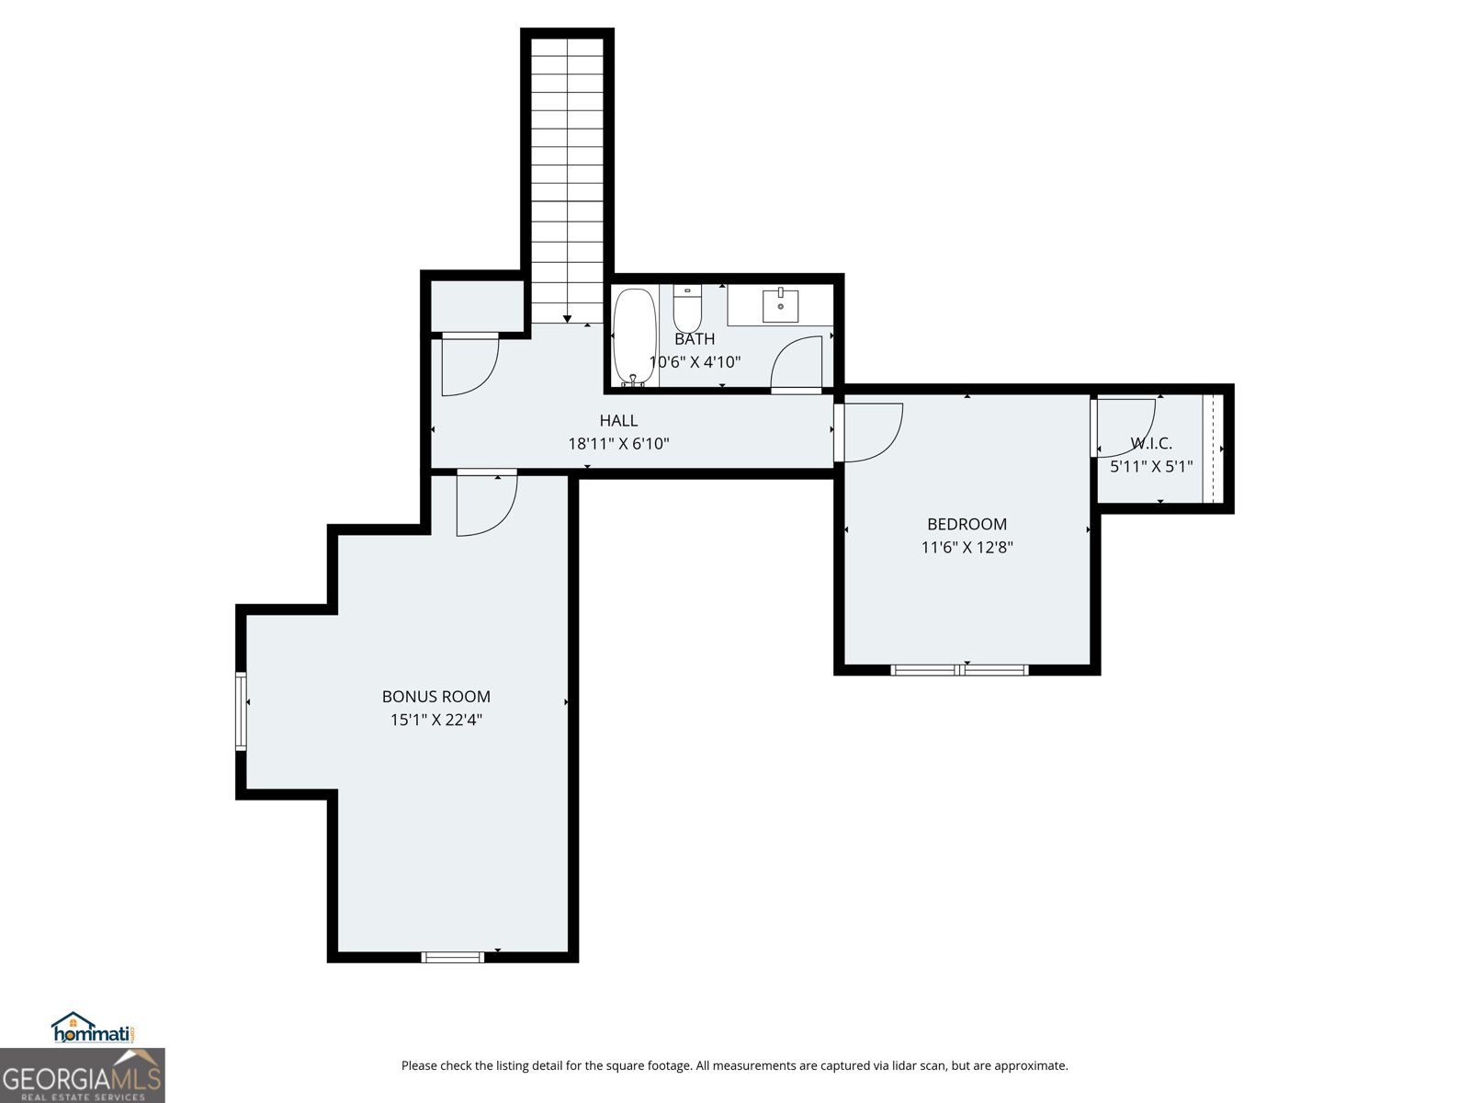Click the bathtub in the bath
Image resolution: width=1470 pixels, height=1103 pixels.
click(x=634, y=337)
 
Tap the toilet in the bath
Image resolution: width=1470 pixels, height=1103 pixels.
click(x=687, y=308)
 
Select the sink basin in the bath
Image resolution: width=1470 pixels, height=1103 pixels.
click(x=780, y=305)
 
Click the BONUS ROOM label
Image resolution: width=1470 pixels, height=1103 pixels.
click(x=436, y=697)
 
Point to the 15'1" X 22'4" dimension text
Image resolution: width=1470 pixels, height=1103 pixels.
click(x=436, y=720)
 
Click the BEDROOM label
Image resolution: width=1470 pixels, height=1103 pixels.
click(x=967, y=524)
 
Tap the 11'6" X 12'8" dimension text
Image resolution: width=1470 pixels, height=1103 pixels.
click(x=967, y=547)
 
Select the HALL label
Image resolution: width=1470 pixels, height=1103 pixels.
click(x=618, y=421)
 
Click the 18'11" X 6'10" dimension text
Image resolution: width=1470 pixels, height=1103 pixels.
click(x=618, y=443)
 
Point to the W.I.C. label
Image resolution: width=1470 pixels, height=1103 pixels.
click(x=1151, y=443)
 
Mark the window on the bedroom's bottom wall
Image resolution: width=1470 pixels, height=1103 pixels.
click(x=959, y=670)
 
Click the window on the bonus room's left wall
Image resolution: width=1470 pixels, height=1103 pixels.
click(x=241, y=711)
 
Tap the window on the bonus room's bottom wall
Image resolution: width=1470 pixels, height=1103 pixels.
click(x=453, y=957)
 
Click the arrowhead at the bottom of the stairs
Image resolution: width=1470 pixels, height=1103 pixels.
click(x=567, y=319)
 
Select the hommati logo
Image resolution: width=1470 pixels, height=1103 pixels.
click(x=93, y=1028)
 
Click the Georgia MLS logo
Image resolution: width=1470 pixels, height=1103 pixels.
click(x=82, y=1075)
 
